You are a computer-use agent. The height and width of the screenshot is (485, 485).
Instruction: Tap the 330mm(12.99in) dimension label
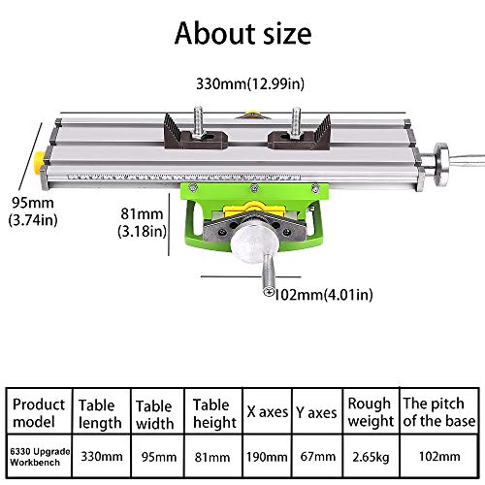[x=242, y=85]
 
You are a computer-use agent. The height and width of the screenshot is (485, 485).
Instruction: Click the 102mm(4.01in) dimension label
[x=324, y=294]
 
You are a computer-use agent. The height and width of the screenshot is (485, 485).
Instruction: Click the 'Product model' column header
[x=38, y=412]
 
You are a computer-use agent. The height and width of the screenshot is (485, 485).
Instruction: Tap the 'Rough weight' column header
[x=369, y=412]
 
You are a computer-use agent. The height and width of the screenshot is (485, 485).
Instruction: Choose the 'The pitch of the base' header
[x=438, y=412]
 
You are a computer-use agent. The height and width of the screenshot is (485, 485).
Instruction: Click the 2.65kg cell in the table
[x=369, y=454]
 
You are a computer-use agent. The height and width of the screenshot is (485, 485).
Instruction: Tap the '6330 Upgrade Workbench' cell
[x=38, y=454]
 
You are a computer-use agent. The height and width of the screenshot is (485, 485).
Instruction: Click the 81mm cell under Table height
[x=212, y=454]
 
